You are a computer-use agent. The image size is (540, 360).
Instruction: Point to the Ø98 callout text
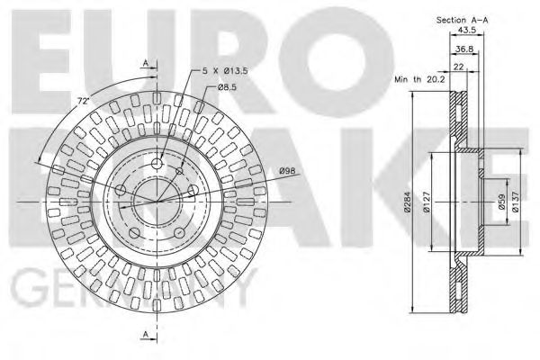pyautogui.click(x=289, y=172)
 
